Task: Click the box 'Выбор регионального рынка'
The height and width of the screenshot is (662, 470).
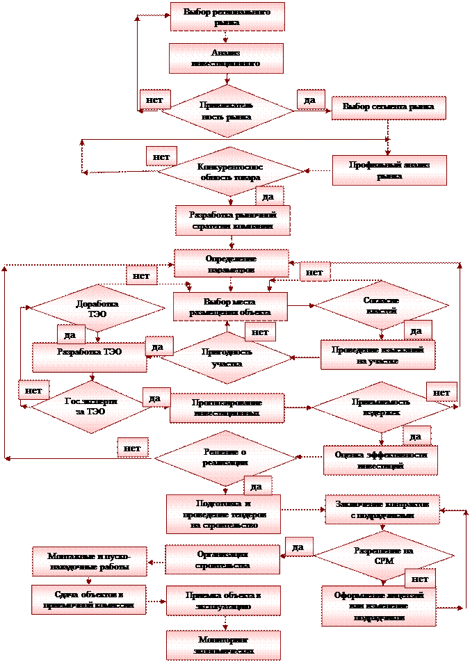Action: pyautogui.click(x=227, y=17)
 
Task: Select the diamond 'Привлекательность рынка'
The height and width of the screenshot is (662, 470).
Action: pyautogui.click(x=227, y=111)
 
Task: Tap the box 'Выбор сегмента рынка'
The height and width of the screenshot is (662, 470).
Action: pyautogui.click(x=388, y=107)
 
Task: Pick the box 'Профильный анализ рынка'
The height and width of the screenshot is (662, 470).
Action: pyautogui.click(x=389, y=170)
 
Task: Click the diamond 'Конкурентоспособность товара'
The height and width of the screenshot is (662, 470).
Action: pyautogui.click(x=229, y=172)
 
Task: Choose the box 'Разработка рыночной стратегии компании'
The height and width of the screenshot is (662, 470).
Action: pyautogui.click(x=232, y=220)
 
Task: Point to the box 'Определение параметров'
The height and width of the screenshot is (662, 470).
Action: pyautogui.click(x=231, y=263)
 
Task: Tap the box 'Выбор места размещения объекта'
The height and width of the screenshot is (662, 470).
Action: pyautogui.click(x=230, y=307)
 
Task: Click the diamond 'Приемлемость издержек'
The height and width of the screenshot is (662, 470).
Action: pyautogui.click(x=381, y=407)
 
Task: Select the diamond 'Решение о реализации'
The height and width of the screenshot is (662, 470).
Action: pyautogui.click(x=225, y=458)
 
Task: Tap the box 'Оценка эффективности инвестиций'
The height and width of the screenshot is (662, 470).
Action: pyautogui.click(x=380, y=460)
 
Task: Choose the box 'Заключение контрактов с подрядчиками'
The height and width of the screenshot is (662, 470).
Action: pyautogui.click(x=382, y=509)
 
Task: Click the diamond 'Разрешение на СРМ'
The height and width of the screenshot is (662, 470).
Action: pyautogui.click(x=384, y=555)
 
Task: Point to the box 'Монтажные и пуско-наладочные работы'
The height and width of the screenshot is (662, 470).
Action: pyautogui.click(x=89, y=562)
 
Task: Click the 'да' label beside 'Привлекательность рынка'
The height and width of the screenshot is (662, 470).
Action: pyautogui.click(x=310, y=100)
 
